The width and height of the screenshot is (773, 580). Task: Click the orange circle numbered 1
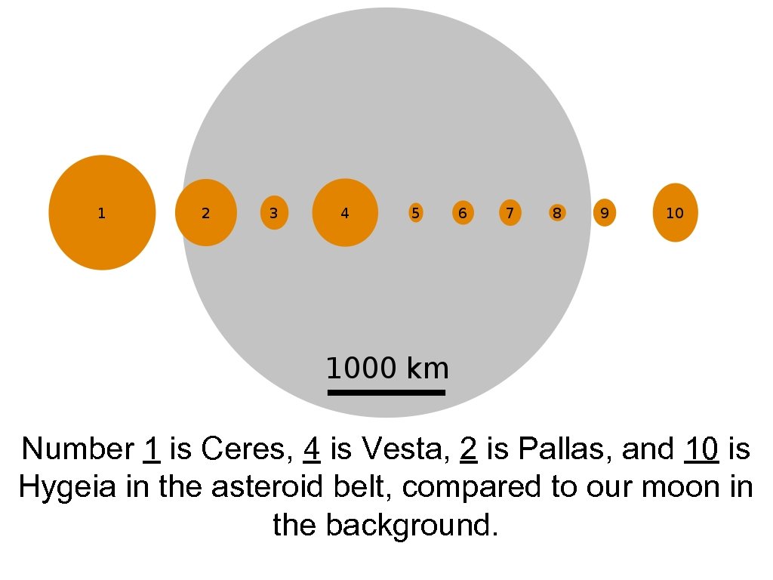(x=102, y=212)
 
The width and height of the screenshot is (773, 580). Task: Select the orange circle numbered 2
(x=205, y=212)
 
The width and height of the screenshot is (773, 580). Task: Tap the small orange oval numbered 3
(x=274, y=212)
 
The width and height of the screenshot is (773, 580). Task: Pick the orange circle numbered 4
(x=345, y=212)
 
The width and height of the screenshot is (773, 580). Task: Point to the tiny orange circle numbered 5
(x=416, y=213)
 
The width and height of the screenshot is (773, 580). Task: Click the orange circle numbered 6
(x=463, y=213)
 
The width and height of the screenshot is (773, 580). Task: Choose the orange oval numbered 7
(x=510, y=213)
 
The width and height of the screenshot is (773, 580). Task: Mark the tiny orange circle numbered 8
(x=557, y=213)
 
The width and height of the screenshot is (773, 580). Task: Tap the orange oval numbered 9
(x=605, y=213)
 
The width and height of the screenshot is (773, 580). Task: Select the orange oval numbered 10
(x=675, y=212)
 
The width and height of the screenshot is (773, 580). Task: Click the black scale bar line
(x=386, y=392)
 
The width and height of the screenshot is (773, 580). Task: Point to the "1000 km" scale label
(x=387, y=369)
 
